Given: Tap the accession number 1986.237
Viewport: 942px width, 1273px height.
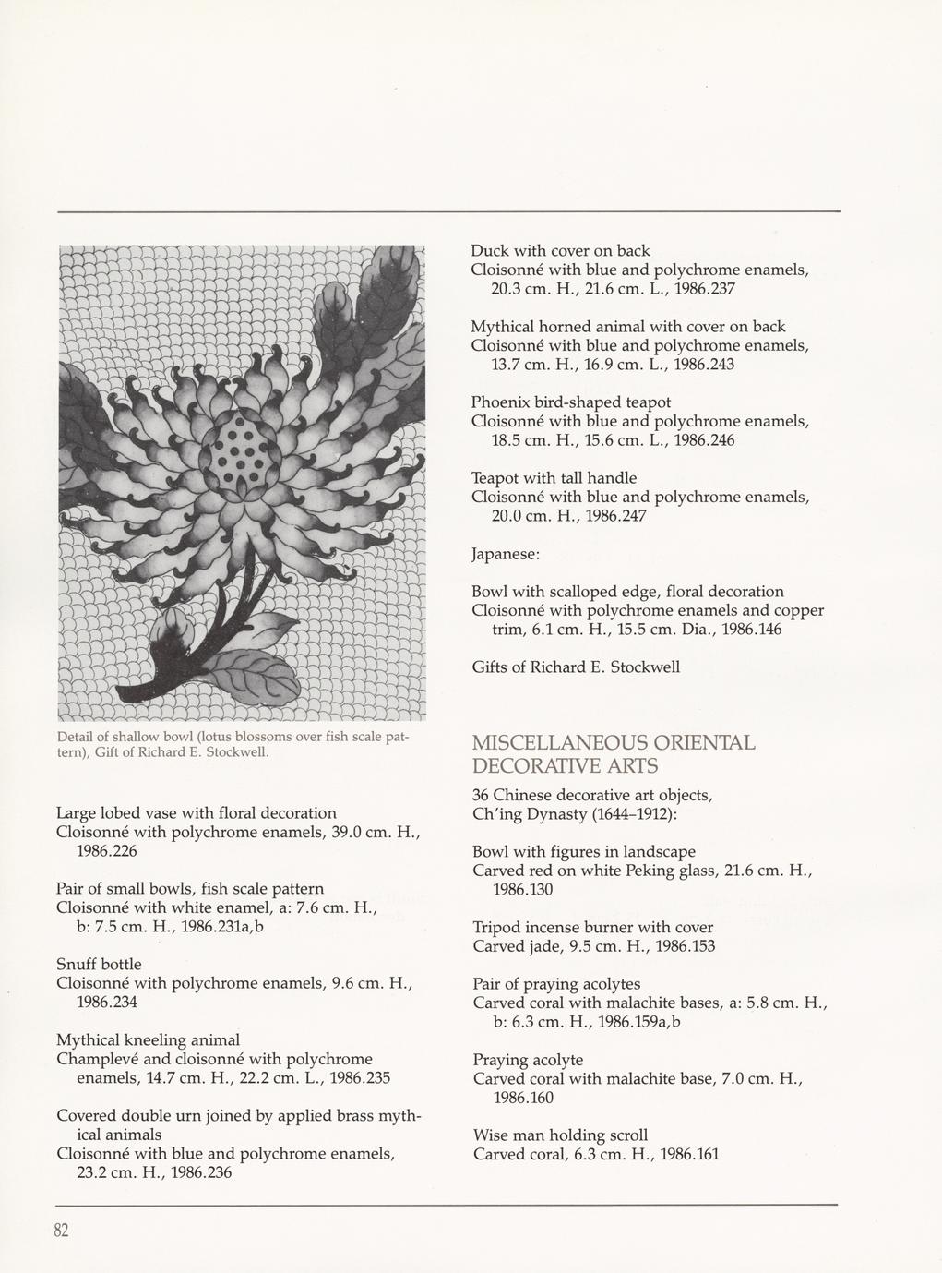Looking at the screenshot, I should (x=704, y=289).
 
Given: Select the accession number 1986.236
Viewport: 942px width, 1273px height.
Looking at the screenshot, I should (x=200, y=1172).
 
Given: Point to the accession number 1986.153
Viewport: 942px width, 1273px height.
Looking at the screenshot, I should (x=684, y=946).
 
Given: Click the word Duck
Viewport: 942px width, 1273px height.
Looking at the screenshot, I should (x=490, y=251).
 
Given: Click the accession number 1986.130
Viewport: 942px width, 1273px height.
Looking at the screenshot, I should (x=523, y=889).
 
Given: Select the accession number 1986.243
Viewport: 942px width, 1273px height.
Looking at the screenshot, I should (x=704, y=365).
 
